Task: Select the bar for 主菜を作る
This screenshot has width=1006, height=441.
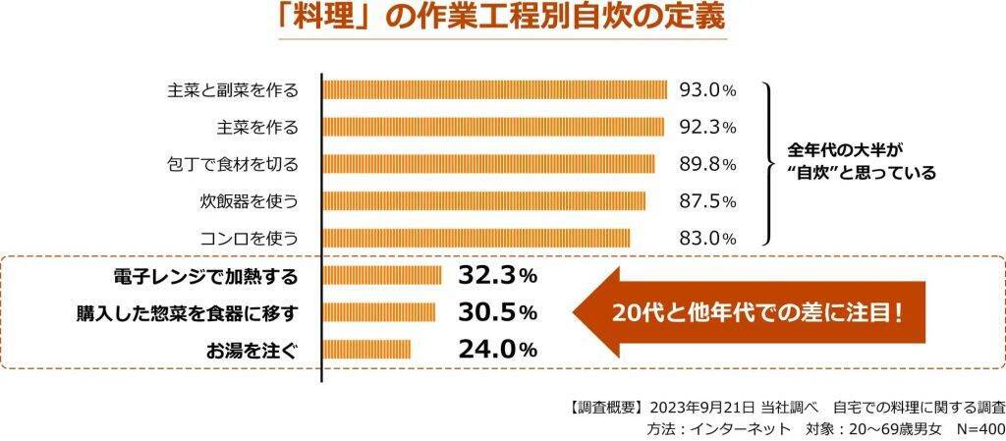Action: pyautogui.click(x=493, y=127)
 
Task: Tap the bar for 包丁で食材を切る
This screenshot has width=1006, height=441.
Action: pyautogui.click(x=488, y=163)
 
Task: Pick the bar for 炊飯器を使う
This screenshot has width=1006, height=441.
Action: pyautogui.click(x=483, y=200)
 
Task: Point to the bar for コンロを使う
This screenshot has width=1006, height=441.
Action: pyautogui.click(x=475, y=238)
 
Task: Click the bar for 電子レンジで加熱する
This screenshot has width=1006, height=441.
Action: pyautogui.click(x=381, y=275)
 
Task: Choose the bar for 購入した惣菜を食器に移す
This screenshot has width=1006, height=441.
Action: pyautogui.click(x=378, y=312)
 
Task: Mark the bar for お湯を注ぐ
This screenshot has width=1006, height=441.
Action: pyautogui.click(x=366, y=349)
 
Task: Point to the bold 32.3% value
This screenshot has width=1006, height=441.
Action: pyautogui.click(x=497, y=275)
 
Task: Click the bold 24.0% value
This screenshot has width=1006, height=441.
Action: pyautogui.click(x=497, y=349)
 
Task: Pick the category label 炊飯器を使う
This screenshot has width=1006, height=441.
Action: pyautogui.click(x=249, y=200)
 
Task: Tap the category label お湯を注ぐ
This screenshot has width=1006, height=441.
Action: pyautogui.click(x=251, y=349)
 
